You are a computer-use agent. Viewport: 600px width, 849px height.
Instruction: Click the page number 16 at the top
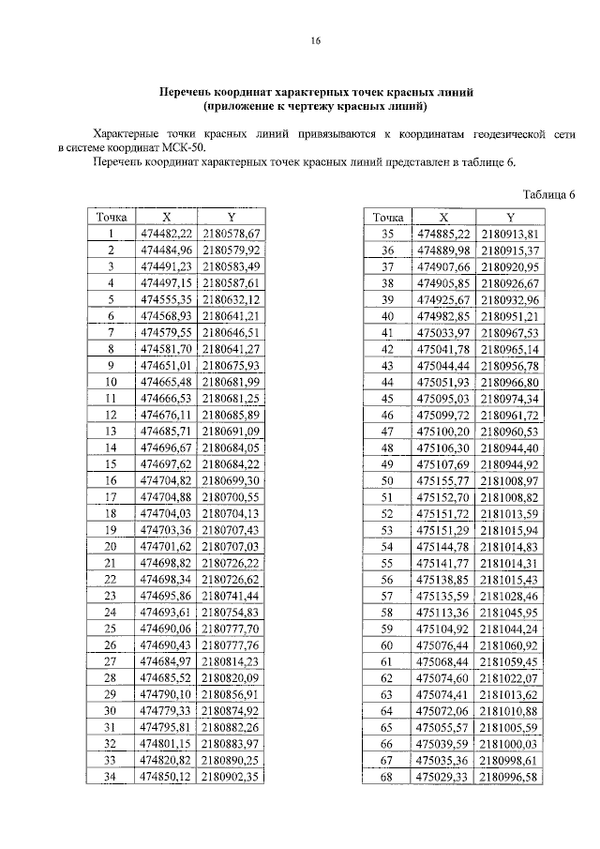pos(315,41)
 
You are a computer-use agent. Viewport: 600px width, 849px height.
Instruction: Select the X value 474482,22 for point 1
pos(166,234)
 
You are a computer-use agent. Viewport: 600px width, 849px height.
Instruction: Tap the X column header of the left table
pos(166,217)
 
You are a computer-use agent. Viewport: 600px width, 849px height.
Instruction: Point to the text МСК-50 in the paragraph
pos(185,147)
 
